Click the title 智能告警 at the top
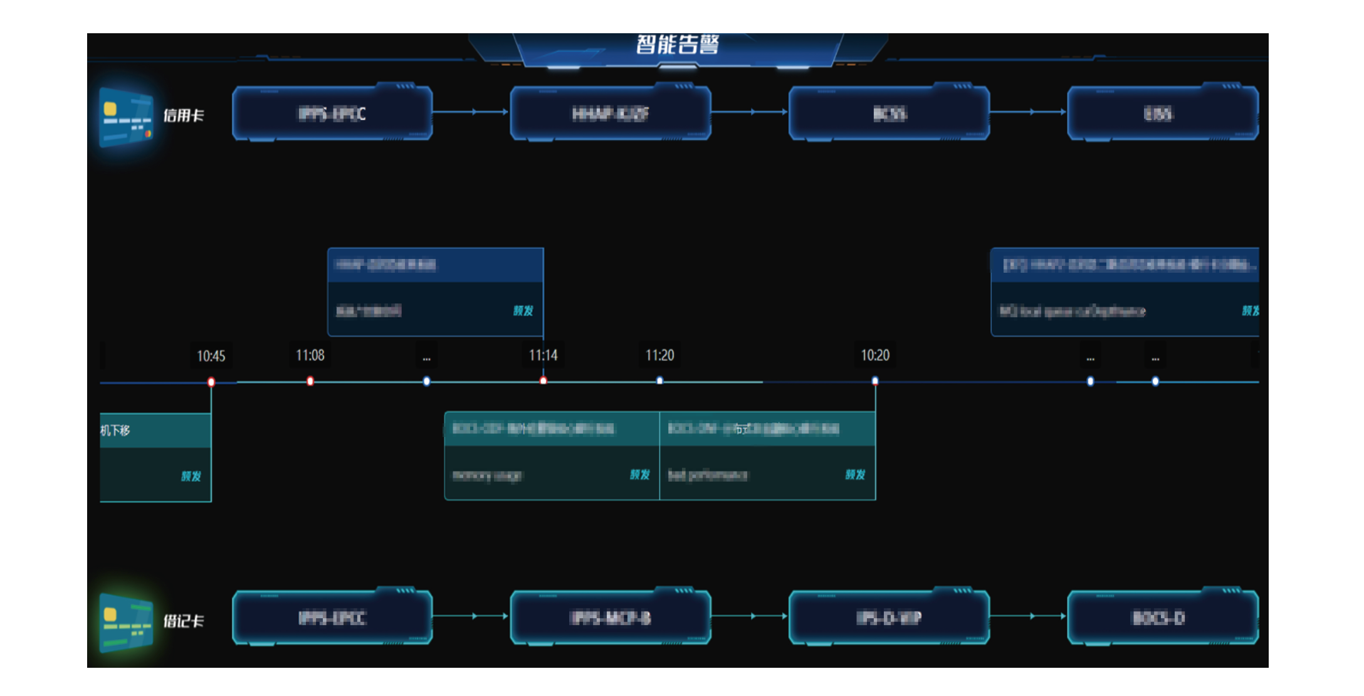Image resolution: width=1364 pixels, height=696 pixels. point(677,45)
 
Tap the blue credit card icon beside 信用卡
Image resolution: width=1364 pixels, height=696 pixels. point(126,117)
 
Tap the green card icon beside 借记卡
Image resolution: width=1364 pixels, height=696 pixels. point(126,621)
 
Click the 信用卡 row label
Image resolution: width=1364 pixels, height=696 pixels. point(184,115)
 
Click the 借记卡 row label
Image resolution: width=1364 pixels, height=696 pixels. point(184,621)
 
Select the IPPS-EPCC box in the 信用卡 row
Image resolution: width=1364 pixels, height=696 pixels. point(332,113)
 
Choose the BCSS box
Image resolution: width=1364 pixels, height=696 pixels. point(889,113)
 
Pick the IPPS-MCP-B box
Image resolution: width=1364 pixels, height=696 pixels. point(611,618)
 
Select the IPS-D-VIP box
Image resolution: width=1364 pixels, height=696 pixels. point(889,618)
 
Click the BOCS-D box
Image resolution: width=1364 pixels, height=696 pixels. point(1158,618)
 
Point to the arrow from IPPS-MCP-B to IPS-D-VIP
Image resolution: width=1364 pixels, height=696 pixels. point(750,616)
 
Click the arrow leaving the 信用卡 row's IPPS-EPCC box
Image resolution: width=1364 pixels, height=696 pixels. point(471,112)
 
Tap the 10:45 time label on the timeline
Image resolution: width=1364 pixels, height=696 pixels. point(211,356)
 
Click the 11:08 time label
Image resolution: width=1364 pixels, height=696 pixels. point(310,356)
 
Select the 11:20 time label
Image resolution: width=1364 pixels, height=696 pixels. point(659,356)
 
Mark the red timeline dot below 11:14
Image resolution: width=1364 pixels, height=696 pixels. point(543,381)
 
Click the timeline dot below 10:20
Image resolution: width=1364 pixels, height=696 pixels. point(875,381)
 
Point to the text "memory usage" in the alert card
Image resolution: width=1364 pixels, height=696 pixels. point(487,475)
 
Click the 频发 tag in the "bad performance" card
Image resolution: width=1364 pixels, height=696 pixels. point(855,475)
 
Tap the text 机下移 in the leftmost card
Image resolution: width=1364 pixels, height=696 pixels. point(115,430)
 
